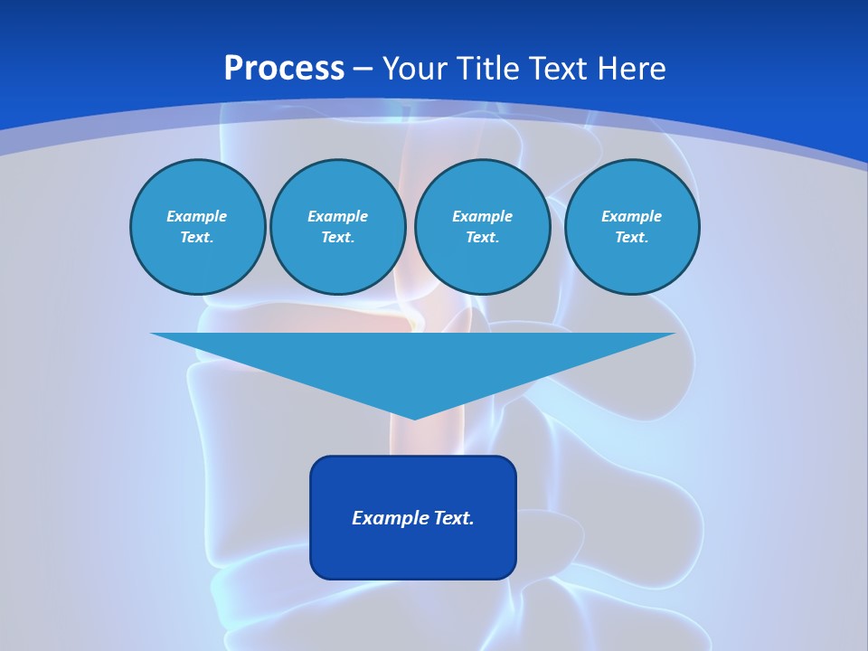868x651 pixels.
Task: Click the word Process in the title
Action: (284, 69)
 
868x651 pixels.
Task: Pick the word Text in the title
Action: (557, 69)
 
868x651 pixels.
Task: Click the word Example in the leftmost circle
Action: (196, 216)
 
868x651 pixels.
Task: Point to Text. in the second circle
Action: (337, 238)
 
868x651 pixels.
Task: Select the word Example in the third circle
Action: (482, 216)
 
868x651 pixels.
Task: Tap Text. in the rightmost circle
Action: (631, 238)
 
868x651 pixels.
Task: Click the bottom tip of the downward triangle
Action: (413, 417)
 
